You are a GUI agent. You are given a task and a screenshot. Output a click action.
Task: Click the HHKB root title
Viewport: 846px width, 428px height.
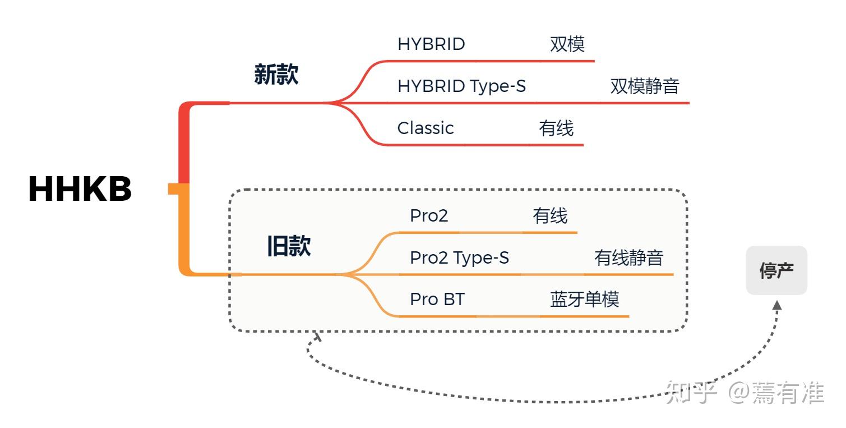80,189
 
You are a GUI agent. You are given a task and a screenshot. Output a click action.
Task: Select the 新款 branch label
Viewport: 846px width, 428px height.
276,74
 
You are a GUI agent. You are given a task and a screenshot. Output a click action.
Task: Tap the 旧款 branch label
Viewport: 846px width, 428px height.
288,246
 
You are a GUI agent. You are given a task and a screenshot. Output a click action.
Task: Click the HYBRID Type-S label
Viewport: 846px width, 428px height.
461,86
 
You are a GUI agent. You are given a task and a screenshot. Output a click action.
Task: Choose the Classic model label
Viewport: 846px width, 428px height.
426,128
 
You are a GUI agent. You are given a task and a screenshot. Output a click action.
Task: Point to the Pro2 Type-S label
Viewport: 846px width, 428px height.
459,258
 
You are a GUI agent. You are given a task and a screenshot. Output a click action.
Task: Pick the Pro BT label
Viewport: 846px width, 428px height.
437,300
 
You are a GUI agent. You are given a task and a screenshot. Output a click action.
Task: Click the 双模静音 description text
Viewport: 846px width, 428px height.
644,86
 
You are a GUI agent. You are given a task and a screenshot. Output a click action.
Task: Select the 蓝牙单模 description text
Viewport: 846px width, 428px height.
584,300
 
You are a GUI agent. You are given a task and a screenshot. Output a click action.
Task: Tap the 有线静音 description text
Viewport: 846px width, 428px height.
628,258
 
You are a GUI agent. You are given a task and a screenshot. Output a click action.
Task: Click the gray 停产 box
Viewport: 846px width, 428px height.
776,270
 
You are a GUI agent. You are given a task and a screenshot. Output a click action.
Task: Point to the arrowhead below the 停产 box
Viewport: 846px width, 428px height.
776,305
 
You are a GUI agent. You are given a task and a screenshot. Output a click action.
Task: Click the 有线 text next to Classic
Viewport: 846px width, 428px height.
556,128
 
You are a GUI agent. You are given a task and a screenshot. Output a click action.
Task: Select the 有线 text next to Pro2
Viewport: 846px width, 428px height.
549,216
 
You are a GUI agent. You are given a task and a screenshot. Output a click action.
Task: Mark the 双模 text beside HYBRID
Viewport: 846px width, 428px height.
567,44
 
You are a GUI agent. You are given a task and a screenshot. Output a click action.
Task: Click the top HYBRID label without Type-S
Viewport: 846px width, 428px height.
431,44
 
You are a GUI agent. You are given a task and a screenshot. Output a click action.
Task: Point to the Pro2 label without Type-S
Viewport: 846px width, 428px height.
429,216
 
